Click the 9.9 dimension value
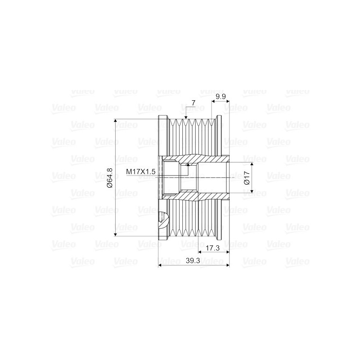tap(220, 97)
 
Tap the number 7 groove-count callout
tap(193, 103)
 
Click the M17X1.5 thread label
tap(140, 171)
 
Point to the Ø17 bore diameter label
tap(247, 177)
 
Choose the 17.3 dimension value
tap(212, 248)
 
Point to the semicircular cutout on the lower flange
tap(164, 220)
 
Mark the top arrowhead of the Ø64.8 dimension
tap(116, 121)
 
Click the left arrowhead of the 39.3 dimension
tap(161, 265)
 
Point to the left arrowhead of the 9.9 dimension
tap(213, 102)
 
